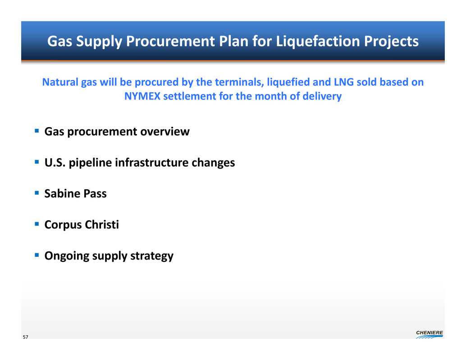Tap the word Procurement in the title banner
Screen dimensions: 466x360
click(x=170, y=41)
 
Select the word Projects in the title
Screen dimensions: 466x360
click(x=391, y=42)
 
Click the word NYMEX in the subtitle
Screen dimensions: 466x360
click(x=142, y=96)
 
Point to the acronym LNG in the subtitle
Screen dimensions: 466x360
click(x=344, y=82)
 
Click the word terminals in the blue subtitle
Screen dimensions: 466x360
click(x=240, y=82)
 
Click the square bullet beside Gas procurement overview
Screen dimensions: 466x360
click(x=37, y=131)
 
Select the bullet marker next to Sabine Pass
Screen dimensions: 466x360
click(x=37, y=193)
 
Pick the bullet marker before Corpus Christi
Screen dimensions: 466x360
click(x=37, y=224)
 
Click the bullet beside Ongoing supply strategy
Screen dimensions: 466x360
click(x=37, y=255)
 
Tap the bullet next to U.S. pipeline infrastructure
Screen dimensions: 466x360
click(x=37, y=162)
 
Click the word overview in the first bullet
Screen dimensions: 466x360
click(x=165, y=132)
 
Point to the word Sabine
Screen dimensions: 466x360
click(x=62, y=193)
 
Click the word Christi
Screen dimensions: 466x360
click(x=102, y=224)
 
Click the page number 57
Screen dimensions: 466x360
click(x=26, y=337)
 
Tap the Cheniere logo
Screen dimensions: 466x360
click(x=429, y=334)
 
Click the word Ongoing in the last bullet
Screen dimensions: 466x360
click(x=67, y=256)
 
